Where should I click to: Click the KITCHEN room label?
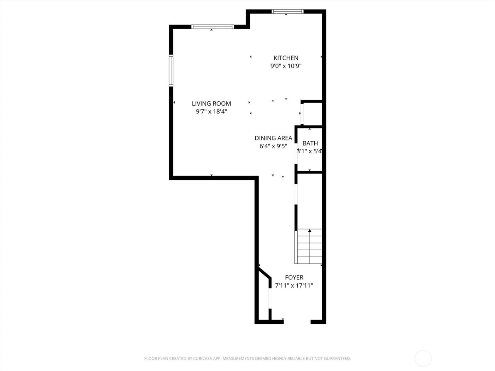286,58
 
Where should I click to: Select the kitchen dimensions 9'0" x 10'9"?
286,66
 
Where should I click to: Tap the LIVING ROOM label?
211,104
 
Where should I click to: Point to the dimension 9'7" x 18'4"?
211,112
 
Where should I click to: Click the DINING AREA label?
273,138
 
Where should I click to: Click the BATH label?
310,143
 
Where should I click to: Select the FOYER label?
294,278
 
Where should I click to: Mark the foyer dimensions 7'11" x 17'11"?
294,285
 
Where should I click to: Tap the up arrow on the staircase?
310,231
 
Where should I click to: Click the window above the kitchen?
287,12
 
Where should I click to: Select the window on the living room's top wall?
212,27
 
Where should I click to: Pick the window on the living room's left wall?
171,71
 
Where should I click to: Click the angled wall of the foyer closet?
265,273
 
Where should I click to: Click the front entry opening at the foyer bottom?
297,322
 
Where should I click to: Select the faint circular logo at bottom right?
423,358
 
